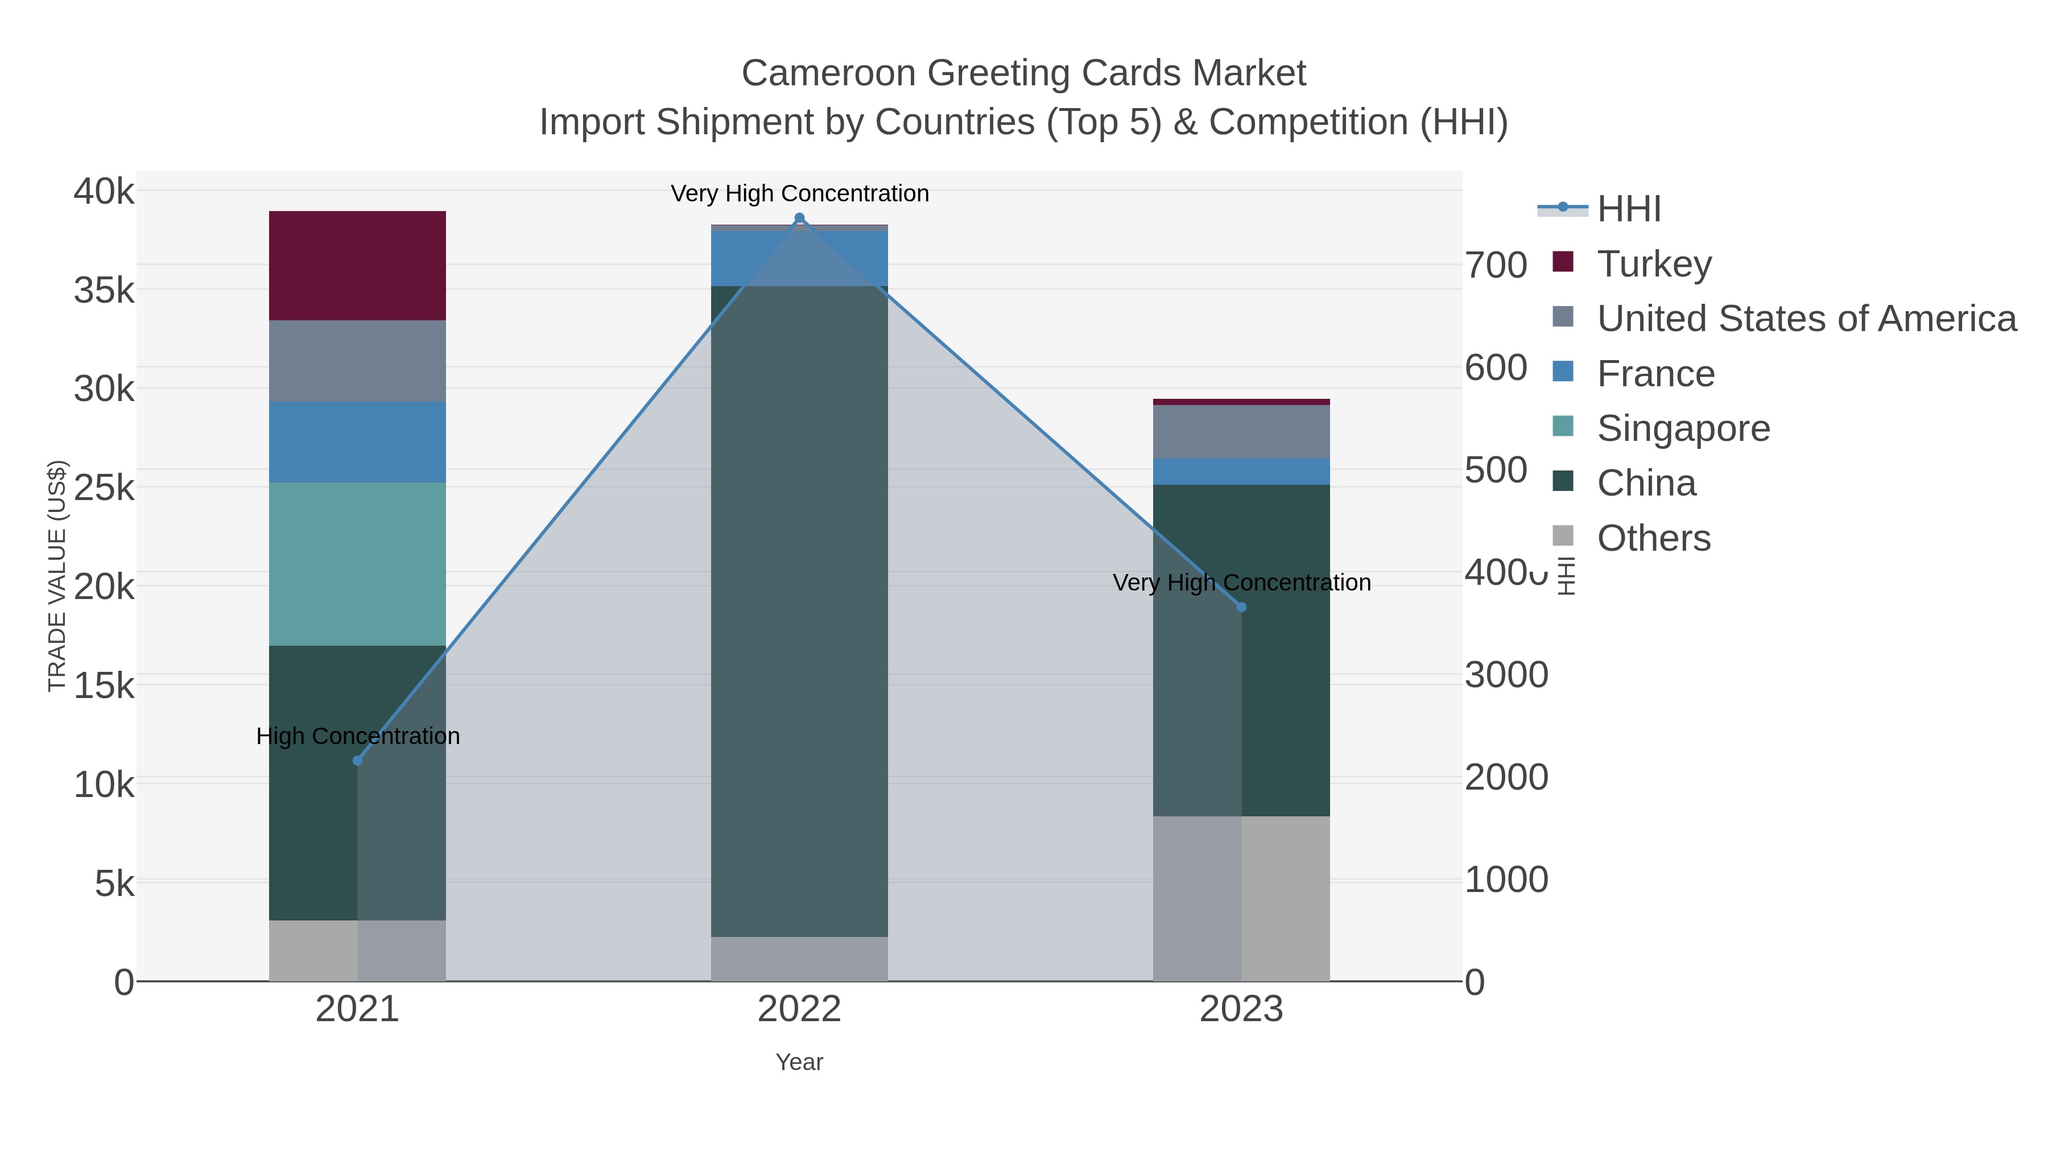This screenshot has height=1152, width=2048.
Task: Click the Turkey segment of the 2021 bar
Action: coord(357,266)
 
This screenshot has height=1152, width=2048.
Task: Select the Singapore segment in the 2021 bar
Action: coord(357,564)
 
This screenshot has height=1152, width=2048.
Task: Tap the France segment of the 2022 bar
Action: coord(799,258)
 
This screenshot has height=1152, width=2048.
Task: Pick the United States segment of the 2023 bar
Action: coord(1241,432)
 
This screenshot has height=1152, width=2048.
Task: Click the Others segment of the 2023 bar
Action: coord(1241,898)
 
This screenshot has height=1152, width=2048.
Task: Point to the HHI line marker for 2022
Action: coord(799,218)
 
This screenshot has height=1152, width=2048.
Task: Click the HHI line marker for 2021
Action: coord(357,761)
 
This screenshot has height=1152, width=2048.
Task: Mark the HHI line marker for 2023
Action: coord(1241,608)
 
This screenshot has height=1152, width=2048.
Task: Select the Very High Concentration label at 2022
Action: coord(799,193)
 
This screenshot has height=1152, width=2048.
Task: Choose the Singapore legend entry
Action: coord(1683,428)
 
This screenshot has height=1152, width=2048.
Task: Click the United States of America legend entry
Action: coord(1806,319)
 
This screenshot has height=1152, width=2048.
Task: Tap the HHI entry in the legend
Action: coord(1628,209)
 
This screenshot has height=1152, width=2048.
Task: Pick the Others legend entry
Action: coord(1653,538)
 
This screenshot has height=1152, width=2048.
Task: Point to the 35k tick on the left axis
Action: coord(104,291)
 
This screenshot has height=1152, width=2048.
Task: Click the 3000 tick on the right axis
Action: coord(1506,675)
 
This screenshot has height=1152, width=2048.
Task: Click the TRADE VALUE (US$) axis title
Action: coord(57,576)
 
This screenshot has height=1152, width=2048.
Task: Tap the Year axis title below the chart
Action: coord(799,1062)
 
